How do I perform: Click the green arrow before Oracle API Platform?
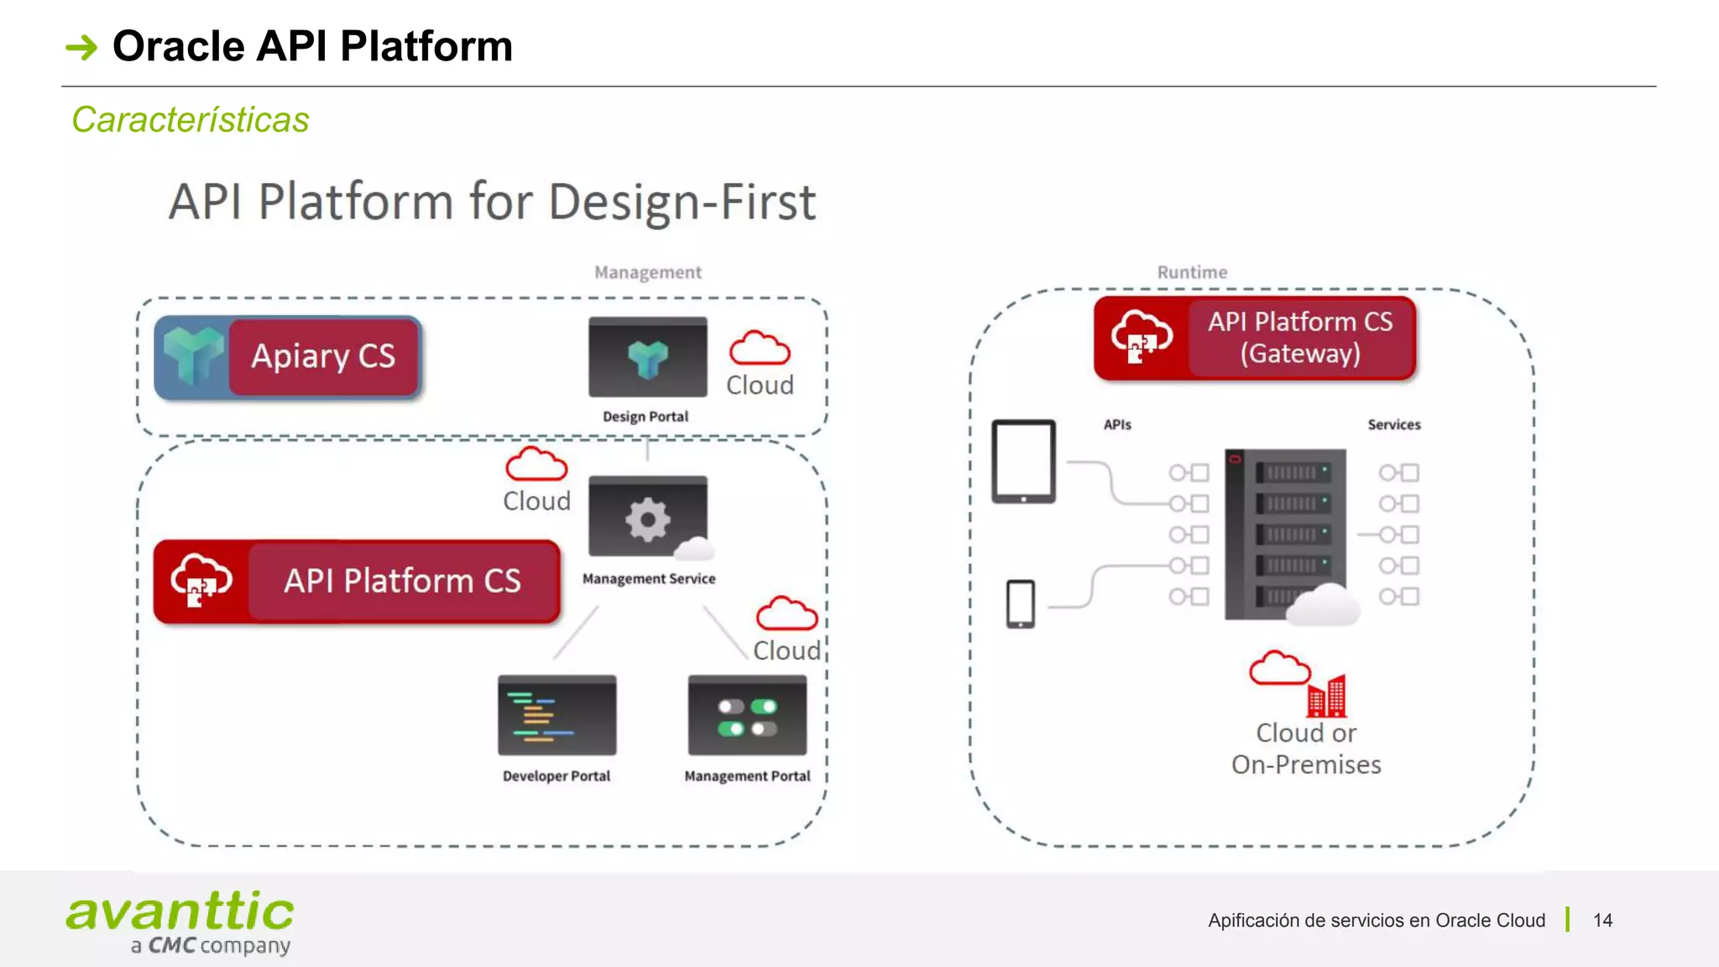[x=81, y=47]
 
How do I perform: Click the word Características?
[x=191, y=120]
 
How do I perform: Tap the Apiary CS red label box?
[x=323, y=357]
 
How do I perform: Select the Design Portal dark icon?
[x=647, y=358]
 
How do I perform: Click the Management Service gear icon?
[x=647, y=518]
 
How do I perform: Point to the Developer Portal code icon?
[x=556, y=715]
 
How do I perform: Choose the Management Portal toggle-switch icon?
[x=747, y=716]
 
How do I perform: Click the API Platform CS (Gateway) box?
[x=1299, y=337]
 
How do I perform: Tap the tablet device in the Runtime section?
[x=1023, y=461]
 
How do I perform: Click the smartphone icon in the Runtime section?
[x=1020, y=604]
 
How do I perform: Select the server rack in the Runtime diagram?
[x=1285, y=534]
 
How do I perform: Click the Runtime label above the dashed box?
[x=1192, y=272]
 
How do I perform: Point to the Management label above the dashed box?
[x=647, y=272]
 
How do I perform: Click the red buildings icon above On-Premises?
[x=1327, y=696]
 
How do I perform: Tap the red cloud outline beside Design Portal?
[x=760, y=348]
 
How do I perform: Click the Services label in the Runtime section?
[x=1393, y=425]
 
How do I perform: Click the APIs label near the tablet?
[x=1117, y=425]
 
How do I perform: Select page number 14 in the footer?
[x=1602, y=920]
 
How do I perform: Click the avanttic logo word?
[x=180, y=912]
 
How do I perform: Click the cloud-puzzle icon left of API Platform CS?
[x=201, y=581]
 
